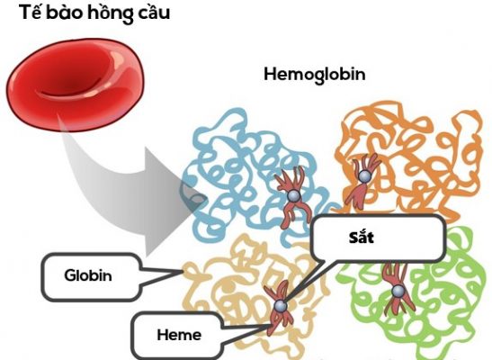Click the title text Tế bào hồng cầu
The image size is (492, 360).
tap(95, 14)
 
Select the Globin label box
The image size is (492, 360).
tap(88, 274)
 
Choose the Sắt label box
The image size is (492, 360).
tap(378, 239)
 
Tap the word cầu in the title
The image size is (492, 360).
tap(150, 14)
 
